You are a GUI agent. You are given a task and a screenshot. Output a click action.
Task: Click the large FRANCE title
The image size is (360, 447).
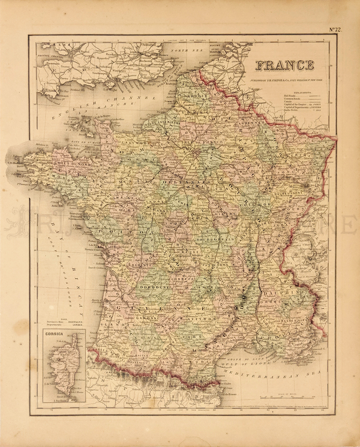tap(284, 65)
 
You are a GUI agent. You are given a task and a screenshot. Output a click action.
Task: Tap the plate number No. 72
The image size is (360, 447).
tap(336, 29)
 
